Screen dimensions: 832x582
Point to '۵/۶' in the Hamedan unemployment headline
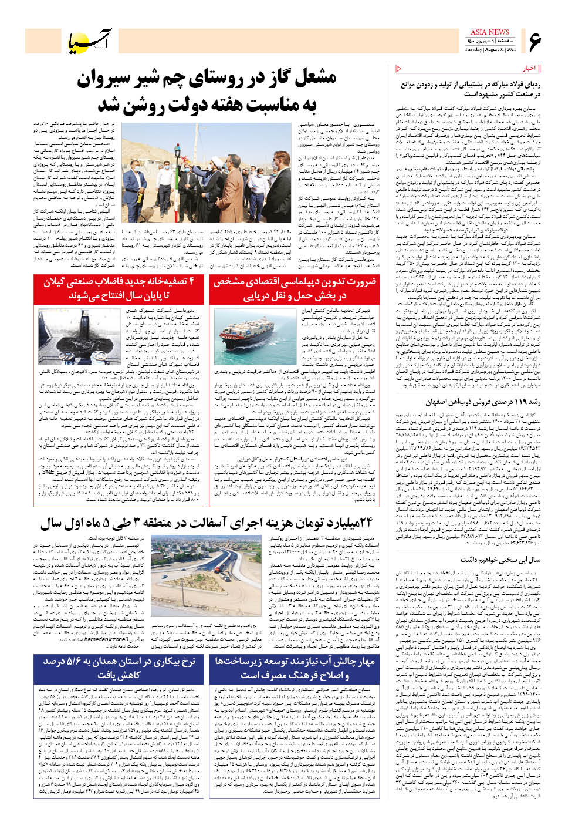[66, 662]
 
